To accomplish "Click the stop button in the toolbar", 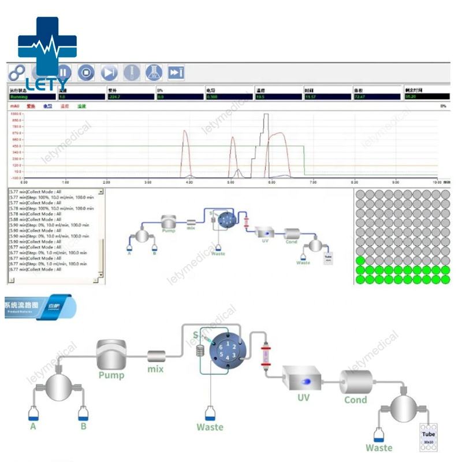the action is click(x=86, y=73).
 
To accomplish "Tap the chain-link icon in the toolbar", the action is click(x=16, y=73).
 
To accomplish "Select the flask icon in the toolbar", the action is click(x=153, y=73).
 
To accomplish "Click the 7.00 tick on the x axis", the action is click(x=313, y=181).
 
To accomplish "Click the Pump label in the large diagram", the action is click(x=111, y=374).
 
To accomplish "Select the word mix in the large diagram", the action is click(x=155, y=369).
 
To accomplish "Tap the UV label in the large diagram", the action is click(x=304, y=397).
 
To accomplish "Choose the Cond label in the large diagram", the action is click(x=356, y=400).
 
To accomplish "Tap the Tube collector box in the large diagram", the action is click(x=429, y=437).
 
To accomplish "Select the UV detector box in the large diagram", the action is click(x=304, y=380).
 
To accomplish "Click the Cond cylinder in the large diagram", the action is click(x=356, y=382).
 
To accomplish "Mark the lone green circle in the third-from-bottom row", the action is click(x=361, y=260).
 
